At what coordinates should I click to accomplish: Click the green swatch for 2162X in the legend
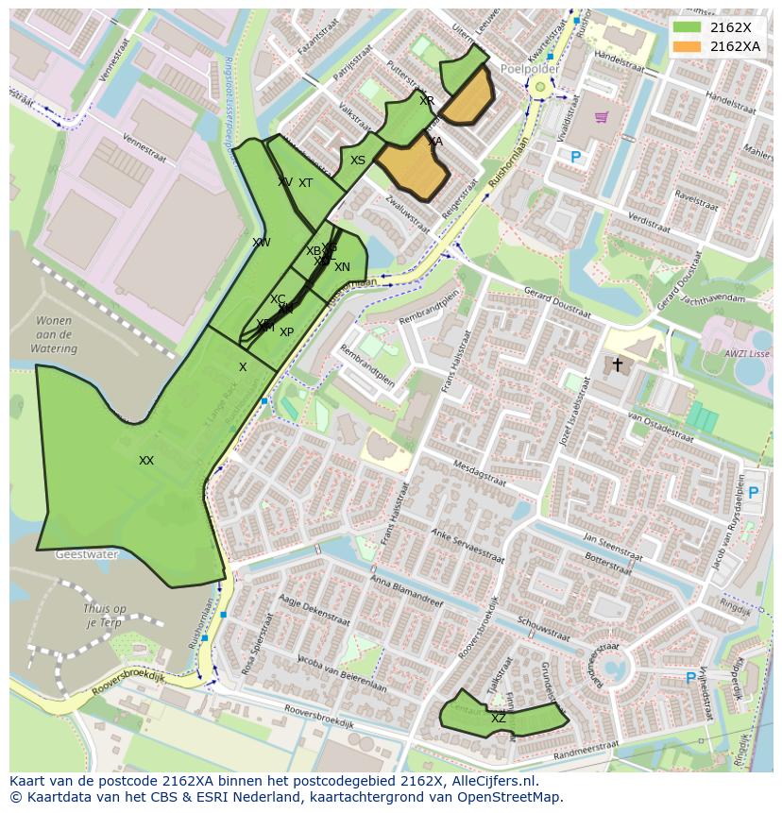tap(688, 27)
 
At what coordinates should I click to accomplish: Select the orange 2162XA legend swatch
tap(688, 46)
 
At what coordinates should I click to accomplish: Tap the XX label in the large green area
tap(146, 461)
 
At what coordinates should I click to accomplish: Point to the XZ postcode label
tap(499, 719)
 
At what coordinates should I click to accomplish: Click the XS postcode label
tap(358, 161)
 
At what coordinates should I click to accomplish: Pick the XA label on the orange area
tap(434, 142)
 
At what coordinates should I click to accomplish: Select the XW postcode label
tap(262, 243)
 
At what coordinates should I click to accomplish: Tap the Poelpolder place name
tap(531, 70)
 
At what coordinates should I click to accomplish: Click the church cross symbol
tap(618, 364)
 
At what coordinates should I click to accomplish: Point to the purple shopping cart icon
tap(602, 118)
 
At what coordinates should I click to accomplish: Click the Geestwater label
tap(86, 555)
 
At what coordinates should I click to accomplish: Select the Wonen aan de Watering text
tap(53, 335)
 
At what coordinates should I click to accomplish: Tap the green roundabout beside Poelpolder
tap(540, 88)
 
